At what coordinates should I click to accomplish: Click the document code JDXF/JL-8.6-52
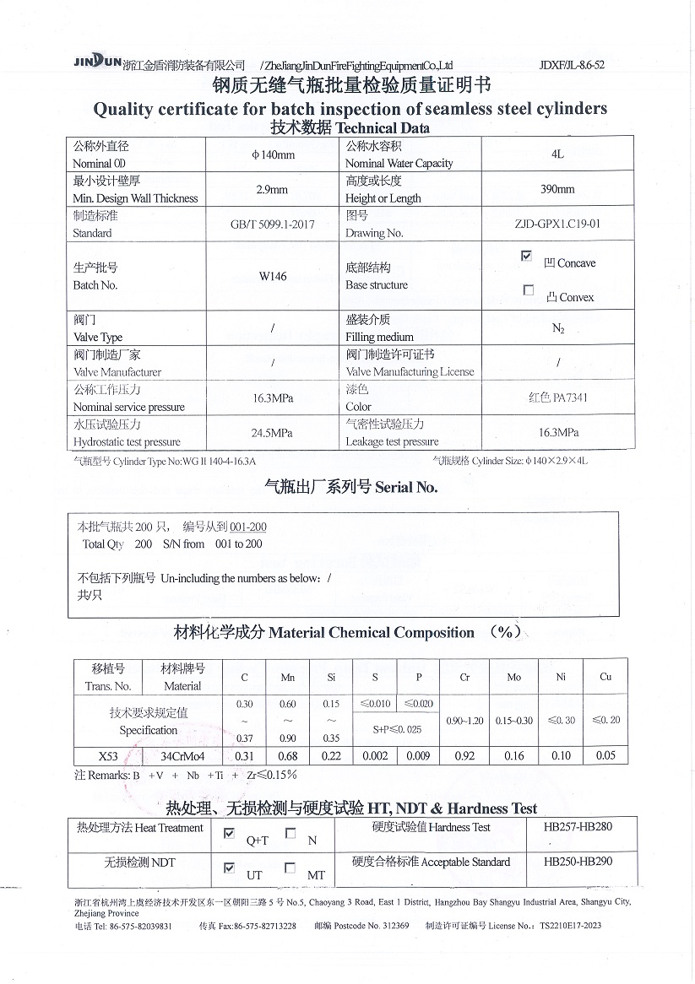(x=572, y=65)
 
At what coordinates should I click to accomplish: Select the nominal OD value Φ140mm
(x=273, y=155)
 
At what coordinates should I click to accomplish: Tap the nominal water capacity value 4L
(x=557, y=155)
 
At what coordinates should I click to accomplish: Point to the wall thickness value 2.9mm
(x=271, y=190)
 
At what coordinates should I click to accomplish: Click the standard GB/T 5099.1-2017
(x=272, y=224)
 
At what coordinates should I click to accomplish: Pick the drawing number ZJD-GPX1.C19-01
(x=557, y=224)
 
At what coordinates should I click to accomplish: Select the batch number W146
(x=272, y=276)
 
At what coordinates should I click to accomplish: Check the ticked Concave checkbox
(x=528, y=256)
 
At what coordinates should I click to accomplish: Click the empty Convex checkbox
(x=529, y=290)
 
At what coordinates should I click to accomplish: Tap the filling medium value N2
(x=557, y=328)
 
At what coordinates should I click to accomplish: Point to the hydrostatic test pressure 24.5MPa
(x=272, y=433)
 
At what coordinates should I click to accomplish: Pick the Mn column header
(x=287, y=677)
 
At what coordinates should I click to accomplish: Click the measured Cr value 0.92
(x=464, y=755)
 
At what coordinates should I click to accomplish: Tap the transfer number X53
(x=108, y=755)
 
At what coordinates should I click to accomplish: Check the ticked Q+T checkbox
(x=229, y=834)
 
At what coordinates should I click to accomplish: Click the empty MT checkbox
(x=290, y=868)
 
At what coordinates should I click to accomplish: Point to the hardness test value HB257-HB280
(x=578, y=827)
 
